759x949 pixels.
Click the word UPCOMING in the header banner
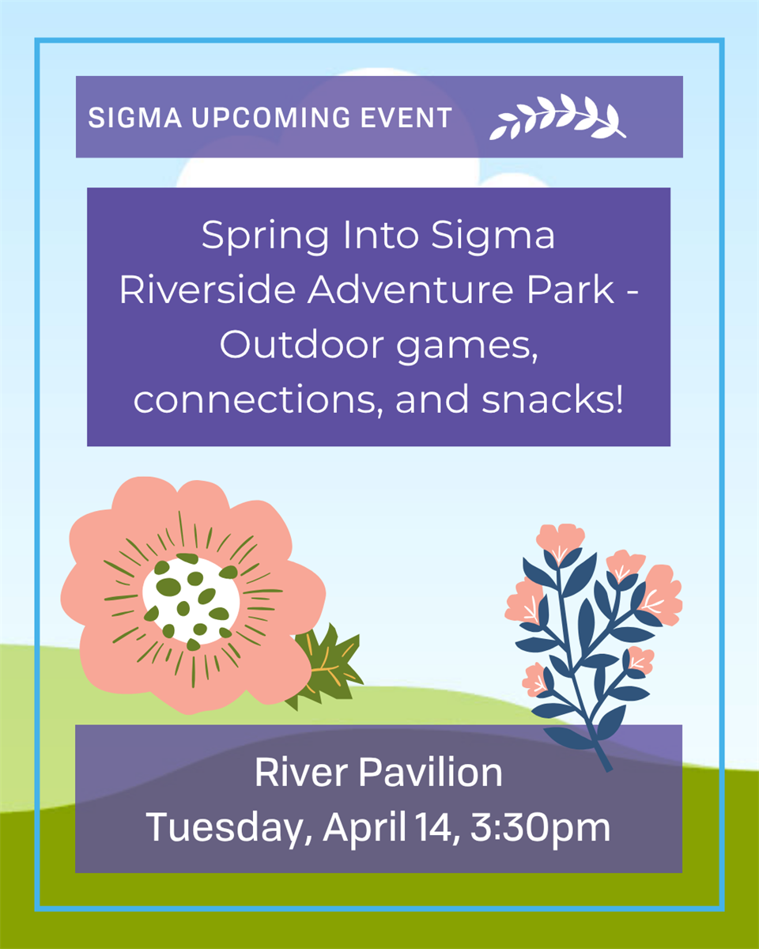(x=270, y=117)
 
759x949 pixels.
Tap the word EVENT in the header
(x=406, y=117)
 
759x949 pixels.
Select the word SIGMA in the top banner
(x=135, y=117)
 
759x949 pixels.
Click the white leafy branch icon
(x=557, y=116)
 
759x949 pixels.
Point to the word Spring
(x=266, y=236)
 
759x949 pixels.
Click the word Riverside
(x=207, y=290)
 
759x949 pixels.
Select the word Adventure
(x=411, y=290)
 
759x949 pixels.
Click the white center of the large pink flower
(x=191, y=600)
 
